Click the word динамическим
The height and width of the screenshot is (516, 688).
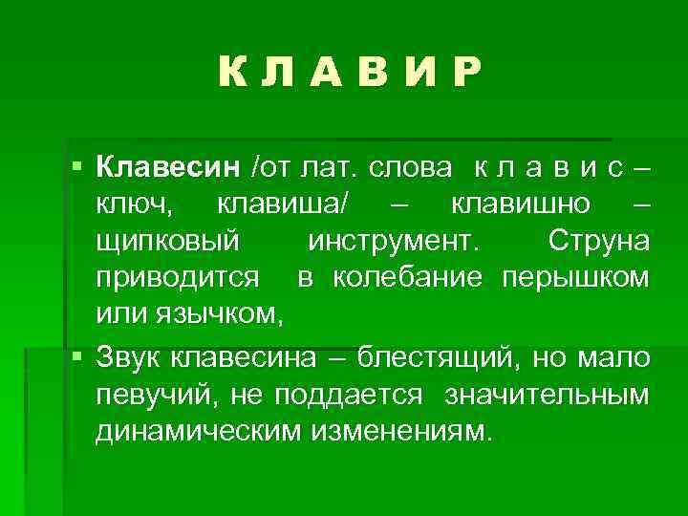[x=199, y=431]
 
